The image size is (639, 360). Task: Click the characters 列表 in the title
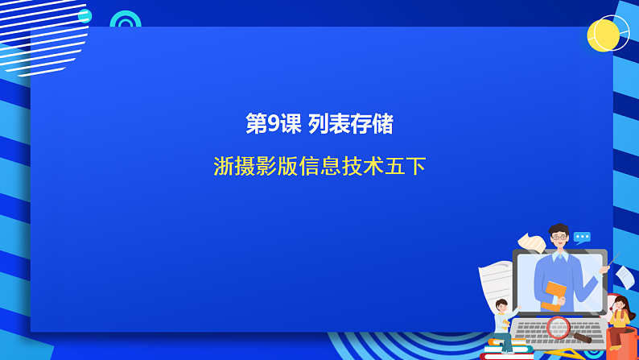(328, 124)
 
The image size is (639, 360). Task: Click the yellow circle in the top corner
(604, 35)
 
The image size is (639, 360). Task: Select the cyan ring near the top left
(125, 22)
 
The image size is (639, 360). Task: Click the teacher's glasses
(559, 239)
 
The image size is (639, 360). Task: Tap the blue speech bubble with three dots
(582, 238)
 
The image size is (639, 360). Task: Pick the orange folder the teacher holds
(554, 293)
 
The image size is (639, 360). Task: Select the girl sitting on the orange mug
(618, 314)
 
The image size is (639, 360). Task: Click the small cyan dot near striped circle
(85, 15)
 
